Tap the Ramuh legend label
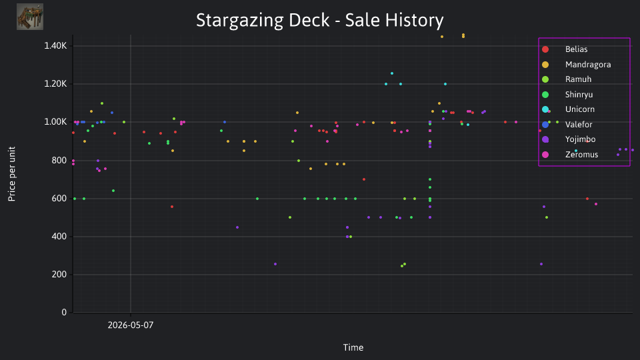click(578, 79)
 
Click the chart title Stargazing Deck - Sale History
click(319, 20)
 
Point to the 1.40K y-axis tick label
click(55, 46)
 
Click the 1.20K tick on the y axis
click(55, 84)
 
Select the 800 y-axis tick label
click(59, 161)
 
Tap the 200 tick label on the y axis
click(59, 274)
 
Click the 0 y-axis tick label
click(64, 312)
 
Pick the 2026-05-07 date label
click(131, 325)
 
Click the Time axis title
click(353, 347)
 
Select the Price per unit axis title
click(11, 174)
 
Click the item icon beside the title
click(30, 17)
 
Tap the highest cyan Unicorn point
click(392, 73)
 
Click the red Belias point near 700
click(364, 179)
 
